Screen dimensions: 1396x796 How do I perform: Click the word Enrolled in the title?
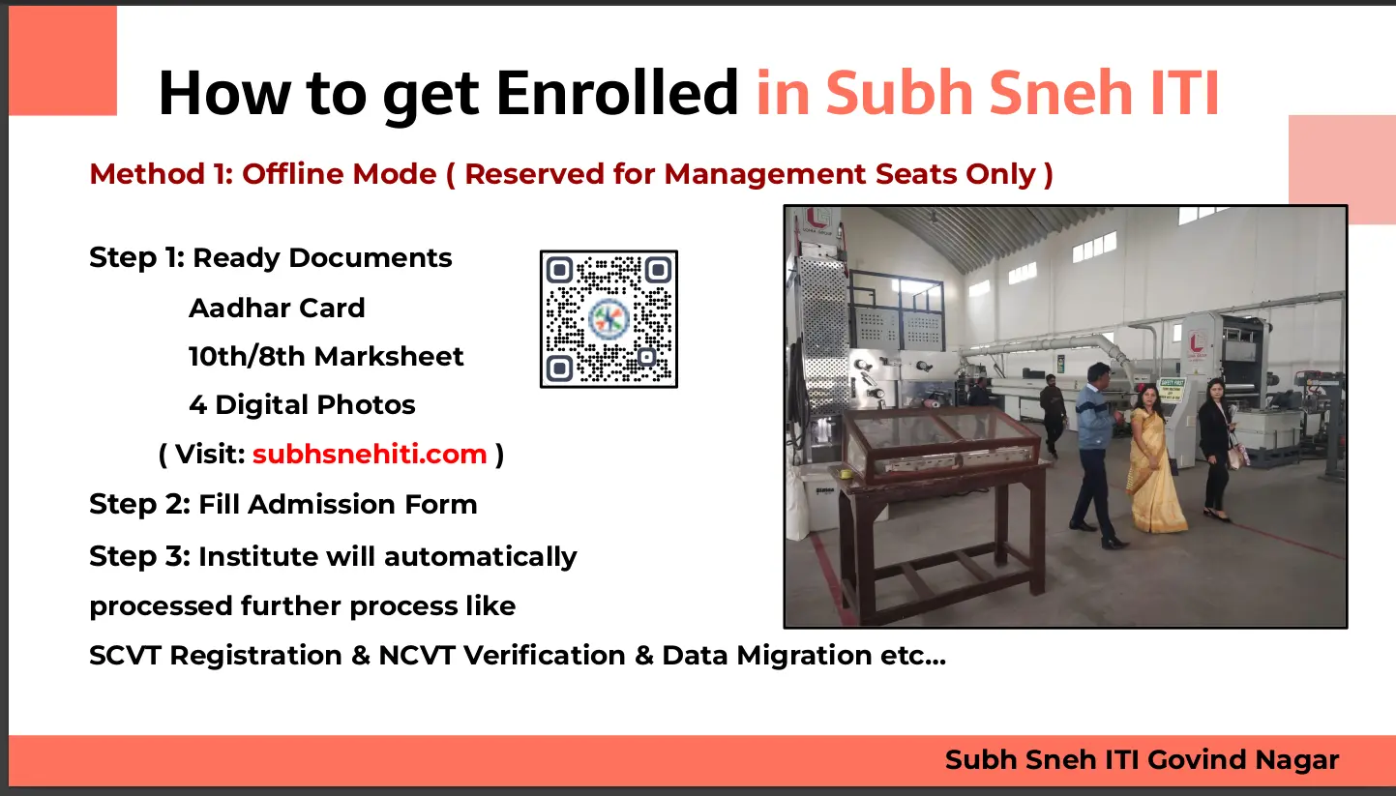click(x=617, y=94)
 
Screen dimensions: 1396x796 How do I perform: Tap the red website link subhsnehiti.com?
click(x=370, y=454)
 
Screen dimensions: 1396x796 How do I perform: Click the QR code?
click(x=609, y=319)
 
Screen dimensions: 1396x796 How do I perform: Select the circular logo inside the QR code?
click(x=609, y=319)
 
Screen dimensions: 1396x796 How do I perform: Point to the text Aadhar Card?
click(x=277, y=308)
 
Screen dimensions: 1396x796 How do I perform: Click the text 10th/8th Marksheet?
click(x=326, y=356)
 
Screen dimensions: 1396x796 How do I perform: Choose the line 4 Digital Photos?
click(x=302, y=405)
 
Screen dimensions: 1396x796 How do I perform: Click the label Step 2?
click(x=139, y=504)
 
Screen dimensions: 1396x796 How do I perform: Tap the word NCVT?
click(x=417, y=655)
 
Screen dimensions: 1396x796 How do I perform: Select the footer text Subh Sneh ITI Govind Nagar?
click(x=1142, y=760)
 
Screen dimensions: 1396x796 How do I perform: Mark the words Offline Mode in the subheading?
click(x=339, y=174)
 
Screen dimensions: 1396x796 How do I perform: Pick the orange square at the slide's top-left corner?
click(x=62, y=60)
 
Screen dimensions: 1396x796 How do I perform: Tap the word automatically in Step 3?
click(x=481, y=557)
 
